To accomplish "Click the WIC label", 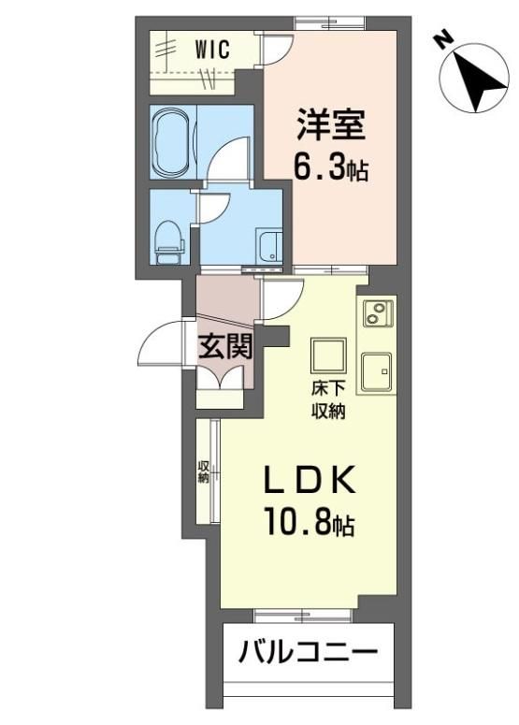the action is (212, 49).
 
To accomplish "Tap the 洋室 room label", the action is (330, 123).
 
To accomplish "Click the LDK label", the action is (310, 480).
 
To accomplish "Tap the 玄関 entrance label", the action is (225, 346).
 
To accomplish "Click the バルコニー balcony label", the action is (309, 652).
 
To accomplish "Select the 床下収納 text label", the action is (327, 401).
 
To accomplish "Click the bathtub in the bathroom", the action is (171, 141).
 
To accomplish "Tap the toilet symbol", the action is (169, 242).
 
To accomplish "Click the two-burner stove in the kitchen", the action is (378, 313).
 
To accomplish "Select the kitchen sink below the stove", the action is (377, 370).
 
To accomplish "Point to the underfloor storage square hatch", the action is (328, 355).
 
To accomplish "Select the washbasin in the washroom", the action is (270, 247).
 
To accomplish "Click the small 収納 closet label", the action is (203, 471).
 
